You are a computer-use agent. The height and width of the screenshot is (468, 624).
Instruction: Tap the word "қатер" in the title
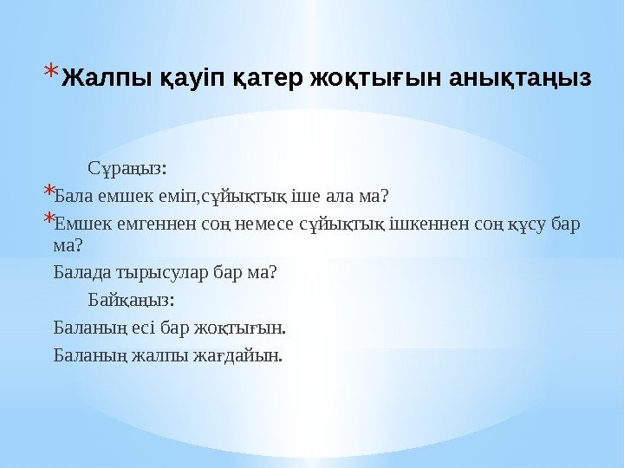pos(253,79)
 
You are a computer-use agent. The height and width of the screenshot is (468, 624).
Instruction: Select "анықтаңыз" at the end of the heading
pos(521,79)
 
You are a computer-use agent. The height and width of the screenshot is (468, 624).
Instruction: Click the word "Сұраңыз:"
pos(127,166)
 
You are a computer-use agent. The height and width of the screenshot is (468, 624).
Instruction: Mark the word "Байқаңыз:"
pos(131,300)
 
